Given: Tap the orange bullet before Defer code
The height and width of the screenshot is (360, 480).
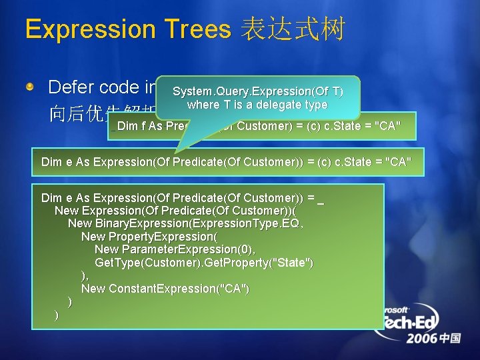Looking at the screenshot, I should coord(29,87).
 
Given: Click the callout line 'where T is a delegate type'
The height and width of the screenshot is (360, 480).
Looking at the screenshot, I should coord(257,105).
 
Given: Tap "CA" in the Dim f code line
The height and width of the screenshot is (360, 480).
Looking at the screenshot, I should coord(387,127).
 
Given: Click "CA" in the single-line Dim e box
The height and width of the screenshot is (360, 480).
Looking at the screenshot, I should coord(397,161).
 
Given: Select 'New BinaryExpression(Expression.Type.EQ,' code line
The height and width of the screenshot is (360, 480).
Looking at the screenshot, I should coord(185,223).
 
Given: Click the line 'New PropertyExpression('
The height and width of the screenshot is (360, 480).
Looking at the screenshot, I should coord(149,237).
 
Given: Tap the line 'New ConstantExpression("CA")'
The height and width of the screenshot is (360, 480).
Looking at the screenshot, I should coord(165,289).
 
